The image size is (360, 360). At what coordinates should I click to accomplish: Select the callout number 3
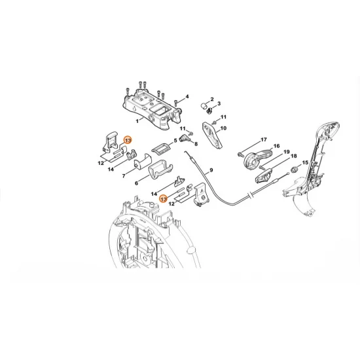pyautogui.click(x=219, y=103)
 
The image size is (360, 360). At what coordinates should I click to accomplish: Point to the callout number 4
pyautogui.click(x=187, y=97)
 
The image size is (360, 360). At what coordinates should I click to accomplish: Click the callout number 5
pyautogui.click(x=175, y=140)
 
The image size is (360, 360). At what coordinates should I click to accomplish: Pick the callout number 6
pyautogui.click(x=136, y=183)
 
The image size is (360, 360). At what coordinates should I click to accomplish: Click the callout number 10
pyautogui.click(x=223, y=128)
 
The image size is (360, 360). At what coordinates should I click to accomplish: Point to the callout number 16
pyautogui.click(x=276, y=147)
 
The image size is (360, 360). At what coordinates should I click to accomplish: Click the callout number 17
pyautogui.click(x=264, y=139)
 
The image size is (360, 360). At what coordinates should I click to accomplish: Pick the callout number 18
pyautogui.click(x=293, y=157)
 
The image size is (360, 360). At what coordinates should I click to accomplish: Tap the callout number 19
pyautogui.click(x=286, y=152)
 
